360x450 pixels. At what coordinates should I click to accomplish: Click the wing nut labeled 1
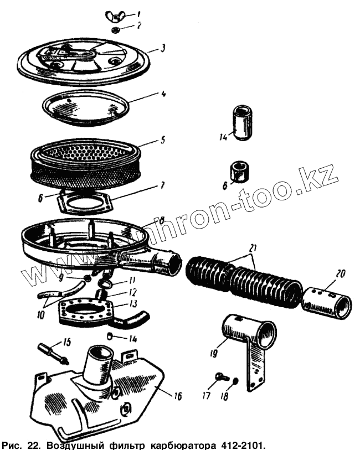point(116,15)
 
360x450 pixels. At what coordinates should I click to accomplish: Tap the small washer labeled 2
point(117,28)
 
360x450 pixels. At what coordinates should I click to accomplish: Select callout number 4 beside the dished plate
point(163,94)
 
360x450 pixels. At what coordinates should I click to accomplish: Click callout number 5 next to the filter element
point(162,140)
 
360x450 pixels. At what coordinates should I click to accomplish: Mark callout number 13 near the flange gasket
point(133,304)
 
